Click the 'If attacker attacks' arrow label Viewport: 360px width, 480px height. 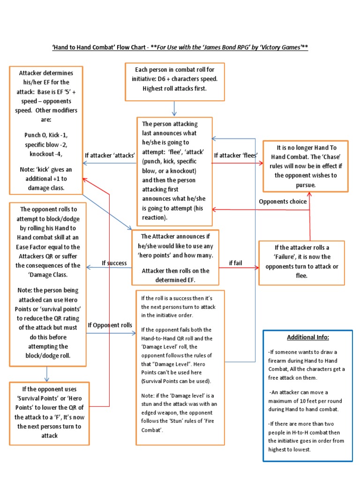(x=110, y=155)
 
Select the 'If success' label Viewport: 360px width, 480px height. (x=114, y=263)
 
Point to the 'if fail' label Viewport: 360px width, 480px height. (x=235, y=263)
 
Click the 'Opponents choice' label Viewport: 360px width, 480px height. (x=283, y=202)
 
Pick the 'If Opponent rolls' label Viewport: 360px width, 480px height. (x=110, y=325)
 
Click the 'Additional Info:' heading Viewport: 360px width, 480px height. (x=308, y=337)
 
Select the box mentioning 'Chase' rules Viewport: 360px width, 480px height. (x=305, y=166)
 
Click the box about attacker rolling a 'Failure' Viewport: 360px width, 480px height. (x=301, y=262)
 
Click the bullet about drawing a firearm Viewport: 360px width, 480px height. (x=307, y=365)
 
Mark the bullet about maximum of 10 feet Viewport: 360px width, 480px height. (x=307, y=401)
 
